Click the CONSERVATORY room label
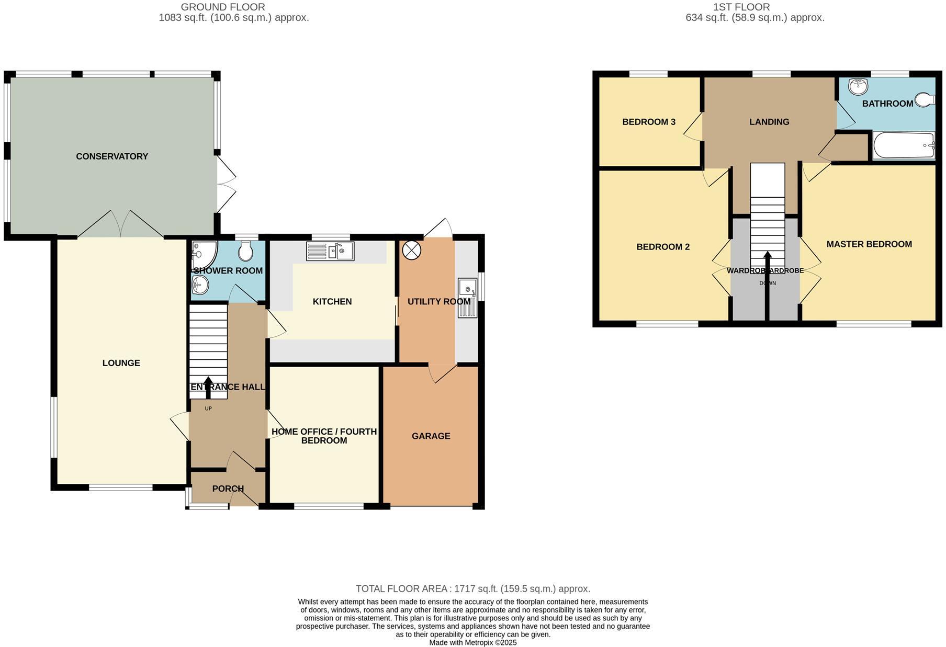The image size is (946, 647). point(112,156)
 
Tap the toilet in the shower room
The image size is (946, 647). point(245,252)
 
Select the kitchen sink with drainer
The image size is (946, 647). point(330,252)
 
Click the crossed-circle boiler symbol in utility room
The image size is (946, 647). point(411,250)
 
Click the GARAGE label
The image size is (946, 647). point(431,436)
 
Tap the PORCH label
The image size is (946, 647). point(228,489)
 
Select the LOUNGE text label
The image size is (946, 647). point(121,363)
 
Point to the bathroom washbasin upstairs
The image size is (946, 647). point(858,86)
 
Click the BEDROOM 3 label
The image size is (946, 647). point(648,122)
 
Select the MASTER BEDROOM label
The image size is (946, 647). point(869,244)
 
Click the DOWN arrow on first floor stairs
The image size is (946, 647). point(768,262)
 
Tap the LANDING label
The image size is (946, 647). point(769,122)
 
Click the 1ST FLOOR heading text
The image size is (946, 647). point(741,7)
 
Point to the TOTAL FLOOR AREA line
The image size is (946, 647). point(472,589)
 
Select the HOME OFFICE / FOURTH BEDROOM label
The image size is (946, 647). point(324,436)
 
